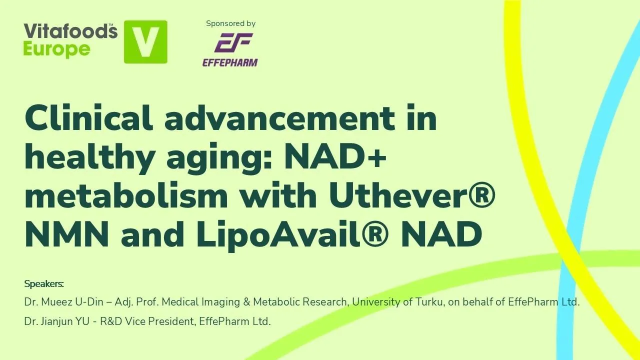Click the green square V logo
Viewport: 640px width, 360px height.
click(x=145, y=42)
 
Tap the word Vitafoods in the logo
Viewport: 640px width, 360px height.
click(x=70, y=31)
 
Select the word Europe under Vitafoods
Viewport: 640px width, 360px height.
click(x=56, y=49)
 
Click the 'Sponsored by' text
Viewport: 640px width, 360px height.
click(x=230, y=23)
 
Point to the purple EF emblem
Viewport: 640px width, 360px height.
click(x=233, y=42)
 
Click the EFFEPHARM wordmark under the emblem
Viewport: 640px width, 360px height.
click(x=230, y=62)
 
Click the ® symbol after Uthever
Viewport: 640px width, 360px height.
click(x=478, y=195)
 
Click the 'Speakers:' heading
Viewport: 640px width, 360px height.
click(x=44, y=284)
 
